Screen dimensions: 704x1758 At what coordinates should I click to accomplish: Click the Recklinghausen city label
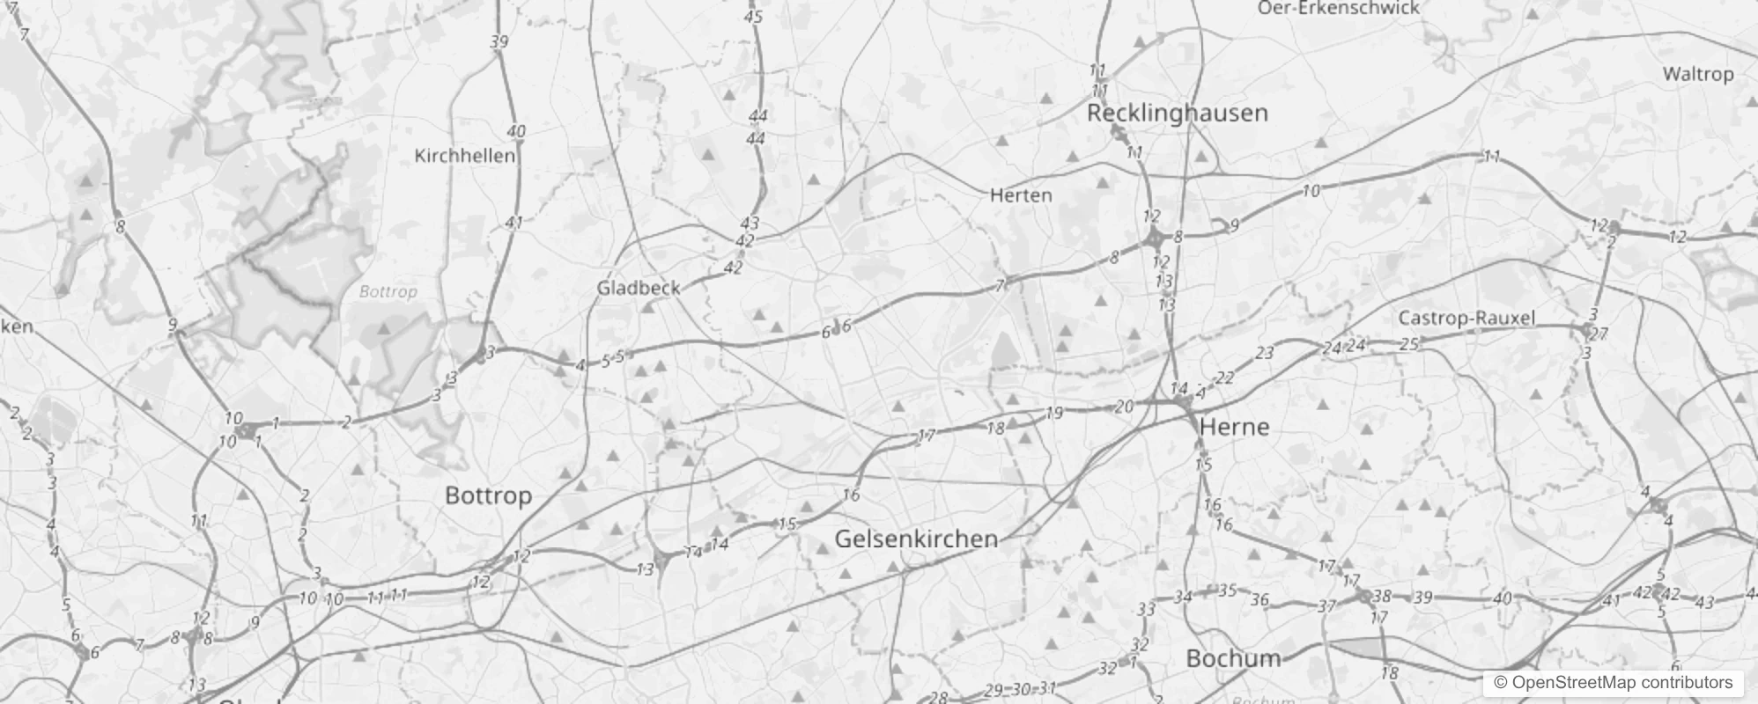point(1177,113)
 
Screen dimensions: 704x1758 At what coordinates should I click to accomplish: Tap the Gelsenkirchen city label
point(916,539)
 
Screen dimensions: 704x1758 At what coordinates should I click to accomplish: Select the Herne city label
point(1234,427)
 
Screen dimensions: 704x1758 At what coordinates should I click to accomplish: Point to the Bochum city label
point(1233,658)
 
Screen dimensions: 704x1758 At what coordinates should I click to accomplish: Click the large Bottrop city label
point(488,495)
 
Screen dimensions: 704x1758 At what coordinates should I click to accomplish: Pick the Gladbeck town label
point(639,288)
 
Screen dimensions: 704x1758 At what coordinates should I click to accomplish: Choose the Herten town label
point(1021,195)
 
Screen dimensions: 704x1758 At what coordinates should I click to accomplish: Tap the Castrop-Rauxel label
point(1466,318)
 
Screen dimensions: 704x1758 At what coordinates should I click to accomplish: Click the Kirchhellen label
point(464,156)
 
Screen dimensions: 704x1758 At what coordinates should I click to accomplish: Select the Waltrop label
point(1697,74)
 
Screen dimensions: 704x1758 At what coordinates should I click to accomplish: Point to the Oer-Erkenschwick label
point(1338,8)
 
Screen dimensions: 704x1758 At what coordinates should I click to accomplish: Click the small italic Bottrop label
point(388,291)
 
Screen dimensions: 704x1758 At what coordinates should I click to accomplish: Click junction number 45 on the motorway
point(752,16)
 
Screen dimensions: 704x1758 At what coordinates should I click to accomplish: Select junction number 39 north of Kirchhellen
point(499,41)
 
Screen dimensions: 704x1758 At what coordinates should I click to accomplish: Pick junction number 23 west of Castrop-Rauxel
point(1265,354)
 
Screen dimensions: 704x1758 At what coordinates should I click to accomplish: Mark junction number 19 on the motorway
point(1054,413)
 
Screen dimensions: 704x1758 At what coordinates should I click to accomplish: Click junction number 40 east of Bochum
point(1503,598)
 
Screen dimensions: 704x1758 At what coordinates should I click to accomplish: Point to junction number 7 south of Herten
point(1000,285)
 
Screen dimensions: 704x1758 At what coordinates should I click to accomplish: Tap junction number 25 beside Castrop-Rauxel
point(1409,343)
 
